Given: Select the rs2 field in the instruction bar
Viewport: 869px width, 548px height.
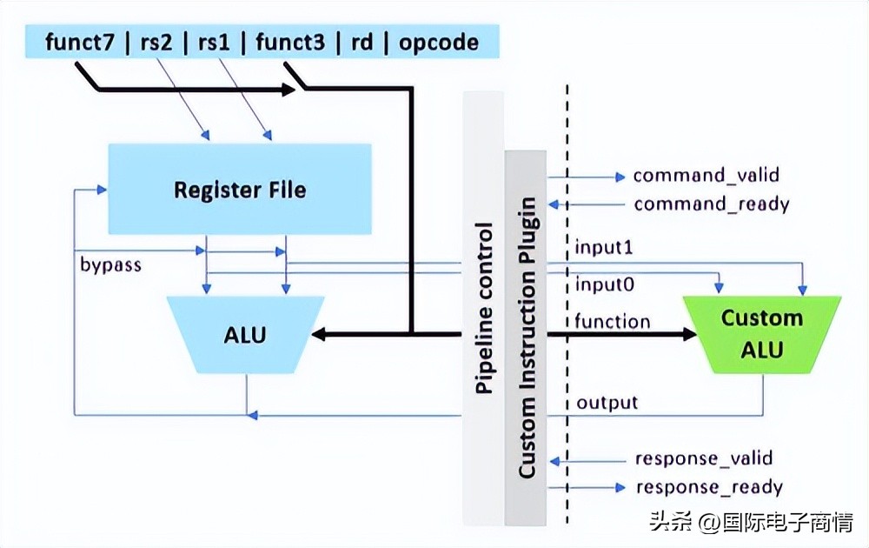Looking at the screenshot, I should pos(159,42).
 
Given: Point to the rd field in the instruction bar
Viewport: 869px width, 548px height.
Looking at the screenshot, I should pos(361,42).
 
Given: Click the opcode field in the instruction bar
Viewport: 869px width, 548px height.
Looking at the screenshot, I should pos(438,42).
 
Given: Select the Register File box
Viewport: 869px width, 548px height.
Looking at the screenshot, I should pos(240,189).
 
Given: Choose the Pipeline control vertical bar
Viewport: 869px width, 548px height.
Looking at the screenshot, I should pos(484,309).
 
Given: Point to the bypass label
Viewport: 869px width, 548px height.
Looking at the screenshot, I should pos(109,264).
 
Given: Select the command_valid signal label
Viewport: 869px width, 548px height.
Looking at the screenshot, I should pos(706,176).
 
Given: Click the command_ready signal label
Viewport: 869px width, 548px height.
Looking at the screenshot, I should pos(711,204).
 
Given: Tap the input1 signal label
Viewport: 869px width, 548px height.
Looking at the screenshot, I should pos(603,248).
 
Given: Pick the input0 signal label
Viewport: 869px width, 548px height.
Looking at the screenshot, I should pos(603,284).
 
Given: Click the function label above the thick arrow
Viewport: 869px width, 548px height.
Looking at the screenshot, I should pos(612,321).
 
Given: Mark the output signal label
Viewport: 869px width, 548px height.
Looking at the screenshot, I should pos(607,403).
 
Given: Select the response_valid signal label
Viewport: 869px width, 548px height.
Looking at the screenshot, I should pos(704,458).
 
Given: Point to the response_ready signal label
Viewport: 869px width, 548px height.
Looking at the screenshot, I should pos(709,487).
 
